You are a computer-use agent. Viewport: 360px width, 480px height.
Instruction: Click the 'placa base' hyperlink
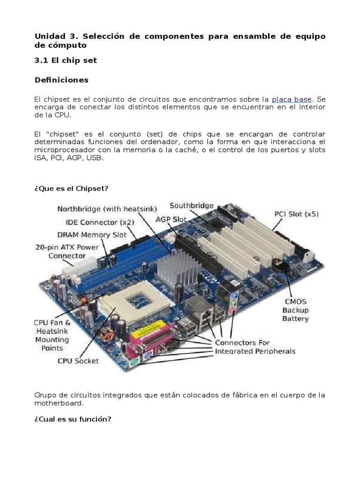tap(292, 99)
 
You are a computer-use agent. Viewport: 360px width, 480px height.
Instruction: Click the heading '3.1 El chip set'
tap(66, 60)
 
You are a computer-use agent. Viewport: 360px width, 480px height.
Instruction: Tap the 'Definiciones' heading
tap(61, 80)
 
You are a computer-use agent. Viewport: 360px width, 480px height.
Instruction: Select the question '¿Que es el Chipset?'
tap(71, 188)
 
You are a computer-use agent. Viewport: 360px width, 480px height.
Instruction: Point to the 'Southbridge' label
tap(192, 205)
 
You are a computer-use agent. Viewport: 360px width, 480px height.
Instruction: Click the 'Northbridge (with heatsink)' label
tap(107, 209)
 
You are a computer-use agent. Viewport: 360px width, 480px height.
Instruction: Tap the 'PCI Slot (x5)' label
tap(296, 214)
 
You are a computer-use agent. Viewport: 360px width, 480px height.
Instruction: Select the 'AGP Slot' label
tap(171, 219)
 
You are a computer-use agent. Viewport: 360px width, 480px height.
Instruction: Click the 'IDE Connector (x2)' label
tap(100, 222)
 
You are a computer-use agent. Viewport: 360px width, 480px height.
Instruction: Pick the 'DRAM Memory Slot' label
tap(92, 235)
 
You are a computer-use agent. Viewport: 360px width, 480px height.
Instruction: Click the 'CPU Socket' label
tap(78, 361)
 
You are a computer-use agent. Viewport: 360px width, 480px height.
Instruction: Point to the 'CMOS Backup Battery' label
tap(295, 310)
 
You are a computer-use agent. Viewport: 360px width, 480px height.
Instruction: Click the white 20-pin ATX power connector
tap(77, 267)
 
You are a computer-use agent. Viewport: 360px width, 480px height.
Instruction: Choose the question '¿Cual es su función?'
tap(73, 419)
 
